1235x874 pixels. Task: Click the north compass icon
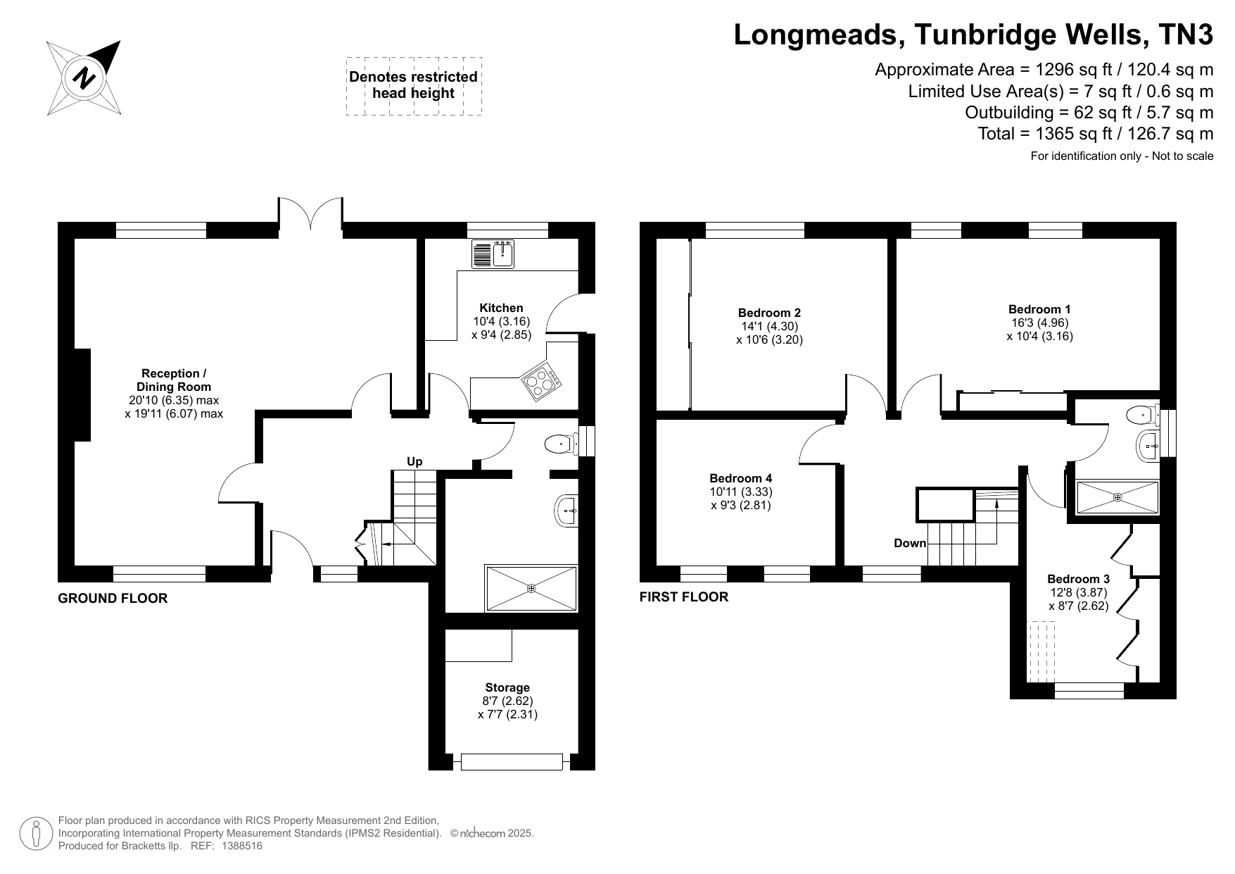tap(84, 77)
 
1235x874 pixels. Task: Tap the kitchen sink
tap(495, 254)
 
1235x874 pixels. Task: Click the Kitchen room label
tap(501, 308)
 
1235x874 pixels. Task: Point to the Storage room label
tap(507, 687)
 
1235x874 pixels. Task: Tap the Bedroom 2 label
tap(769, 313)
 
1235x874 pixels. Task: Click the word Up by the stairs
tap(414, 461)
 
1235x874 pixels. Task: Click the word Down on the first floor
tap(910, 543)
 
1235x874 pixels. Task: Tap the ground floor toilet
tap(561, 444)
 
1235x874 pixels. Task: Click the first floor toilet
tap(1142, 415)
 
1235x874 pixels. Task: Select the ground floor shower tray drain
tap(531, 588)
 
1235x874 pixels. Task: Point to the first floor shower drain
tap(1117, 497)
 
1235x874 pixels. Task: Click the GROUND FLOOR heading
tap(113, 599)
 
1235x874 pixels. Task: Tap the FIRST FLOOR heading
tap(684, 597)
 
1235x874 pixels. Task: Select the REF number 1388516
tap(242, 846)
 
